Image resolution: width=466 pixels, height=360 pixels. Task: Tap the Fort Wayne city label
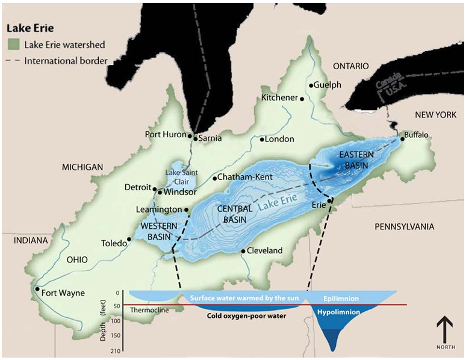(x=63, y=293)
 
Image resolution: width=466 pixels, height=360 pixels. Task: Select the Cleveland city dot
(x=243, y=250)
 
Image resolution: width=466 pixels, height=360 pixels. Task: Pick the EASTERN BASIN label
(x=356, y=160)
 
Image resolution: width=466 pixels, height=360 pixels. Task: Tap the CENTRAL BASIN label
(x=234, y=214)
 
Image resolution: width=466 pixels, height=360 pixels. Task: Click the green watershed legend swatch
(x=13, y=45)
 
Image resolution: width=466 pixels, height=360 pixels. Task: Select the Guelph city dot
(x=311, y=85)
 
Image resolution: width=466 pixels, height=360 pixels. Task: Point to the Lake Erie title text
(x=28, y=28)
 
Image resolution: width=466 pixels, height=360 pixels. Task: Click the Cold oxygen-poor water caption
(x=246, y=315)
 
